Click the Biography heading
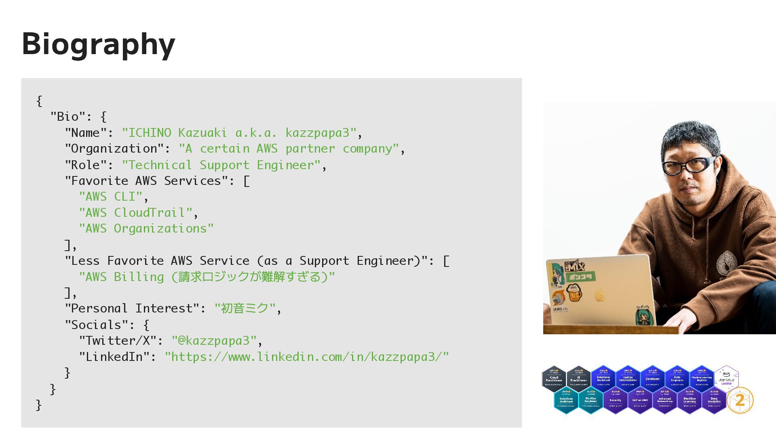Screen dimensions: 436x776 98,44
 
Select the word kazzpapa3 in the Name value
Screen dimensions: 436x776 317,133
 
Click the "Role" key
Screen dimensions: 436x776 85,165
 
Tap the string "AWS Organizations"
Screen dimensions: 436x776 146,228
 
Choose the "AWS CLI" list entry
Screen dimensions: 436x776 111,197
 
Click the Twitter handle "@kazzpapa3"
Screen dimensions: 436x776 214,341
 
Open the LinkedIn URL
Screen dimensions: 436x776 307,357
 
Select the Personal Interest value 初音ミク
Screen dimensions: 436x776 245,308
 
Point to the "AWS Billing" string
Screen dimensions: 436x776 207,277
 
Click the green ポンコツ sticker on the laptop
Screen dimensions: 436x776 581,277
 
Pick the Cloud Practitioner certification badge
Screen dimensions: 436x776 554,379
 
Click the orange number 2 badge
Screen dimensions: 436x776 740,400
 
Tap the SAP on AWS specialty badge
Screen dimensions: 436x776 640,400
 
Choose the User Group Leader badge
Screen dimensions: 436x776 726,379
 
